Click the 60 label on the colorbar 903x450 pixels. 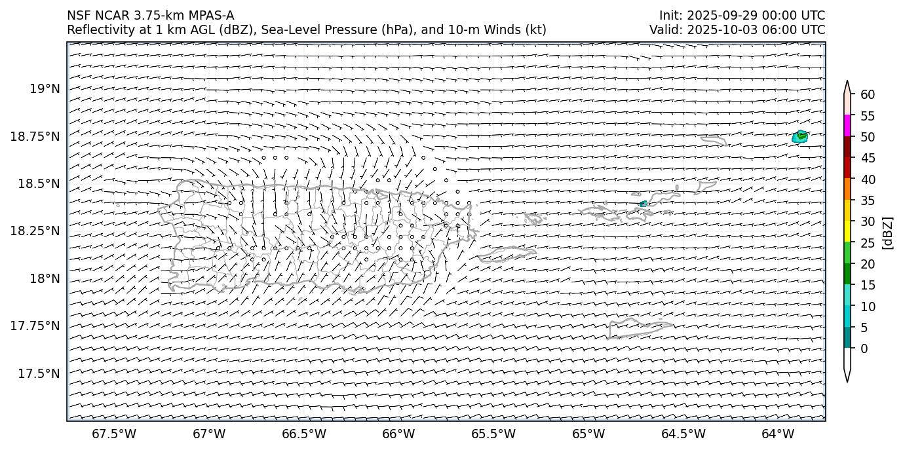[868, 95]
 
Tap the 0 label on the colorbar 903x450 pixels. [864, 348]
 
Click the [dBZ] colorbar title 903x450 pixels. [889, 233]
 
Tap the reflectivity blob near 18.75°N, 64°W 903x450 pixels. [800, 137]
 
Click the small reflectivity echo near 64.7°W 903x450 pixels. [643, 204]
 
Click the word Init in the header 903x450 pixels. [670, 16]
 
